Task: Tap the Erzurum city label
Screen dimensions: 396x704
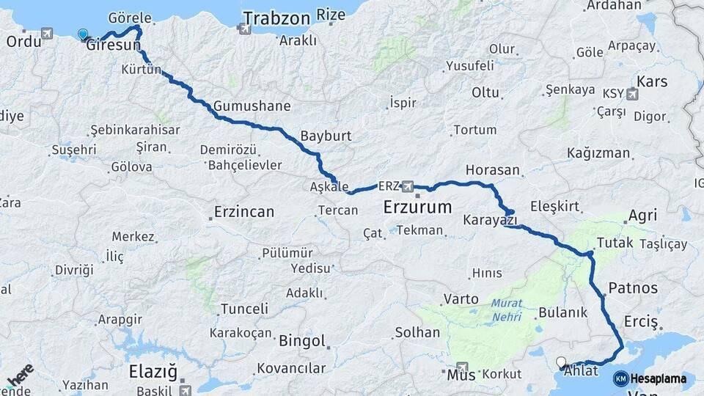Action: pos(417,208)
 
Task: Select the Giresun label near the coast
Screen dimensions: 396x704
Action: pos(113,45)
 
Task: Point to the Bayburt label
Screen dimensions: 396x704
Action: pos(326,136)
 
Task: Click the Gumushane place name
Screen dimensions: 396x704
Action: pos(252,106)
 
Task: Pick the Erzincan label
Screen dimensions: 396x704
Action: pos(244,213)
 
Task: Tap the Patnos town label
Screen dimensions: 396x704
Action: pos(633,287)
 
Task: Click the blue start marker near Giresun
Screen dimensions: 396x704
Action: pos(82,34)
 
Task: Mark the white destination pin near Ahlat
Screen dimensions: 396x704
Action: pos(562,362)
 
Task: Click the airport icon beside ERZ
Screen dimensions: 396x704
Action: pos(408,186)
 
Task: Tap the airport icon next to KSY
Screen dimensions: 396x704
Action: pos(632,94)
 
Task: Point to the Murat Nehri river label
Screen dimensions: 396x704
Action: pos(506,309)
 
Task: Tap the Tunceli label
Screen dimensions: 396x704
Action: pos(244,308)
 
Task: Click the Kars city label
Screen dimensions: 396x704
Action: pos(652,81)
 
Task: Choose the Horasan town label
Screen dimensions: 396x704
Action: pos(492,170)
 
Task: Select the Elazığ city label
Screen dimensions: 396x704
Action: pos(153,371)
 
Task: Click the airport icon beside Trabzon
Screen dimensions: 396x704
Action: pos(243,29)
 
